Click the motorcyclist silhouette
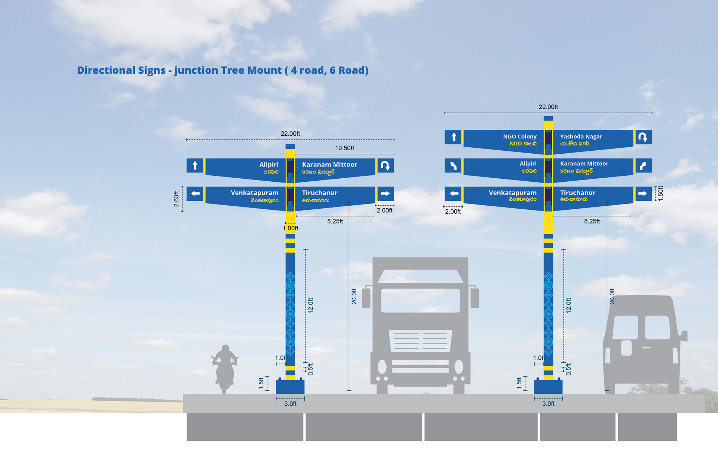pyautogui.click(x=225, y=368)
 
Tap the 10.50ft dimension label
pyautogui.click(x=344, y=148)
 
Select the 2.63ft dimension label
pyautogui.click(x=176, y=199)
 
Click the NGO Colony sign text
pyautogui.click(x=520, y=136)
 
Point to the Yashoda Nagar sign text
pyautogui.click(x=581, y=136)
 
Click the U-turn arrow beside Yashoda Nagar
pyautogui.click(x=643, y=137)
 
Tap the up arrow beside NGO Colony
pyautogui.click(x=454, y=137)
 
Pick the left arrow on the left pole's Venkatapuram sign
pyautogui.click(x=195, y=194)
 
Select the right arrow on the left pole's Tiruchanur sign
pyautogui.click(x=385, y=194)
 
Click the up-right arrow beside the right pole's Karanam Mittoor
pyautogui.click(x=643, y=166)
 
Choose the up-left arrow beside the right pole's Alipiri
pyautogui.click(x=454, y=166)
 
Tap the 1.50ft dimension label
pyautogui.click(x=660, y=193)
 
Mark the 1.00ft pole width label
pyautogui.click(x=291, y=228)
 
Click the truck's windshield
pyautogui.click(x=420, y=300)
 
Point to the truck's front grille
pyautogui.click(x=420, y=340)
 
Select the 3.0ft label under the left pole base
pyautogui.click(x=290, y=404)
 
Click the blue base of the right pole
pyautogui.click(x=548, y=387)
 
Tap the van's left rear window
pyautogui.click(x=625, y=327)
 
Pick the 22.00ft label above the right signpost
pyautogui.click(x=548, y=107)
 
